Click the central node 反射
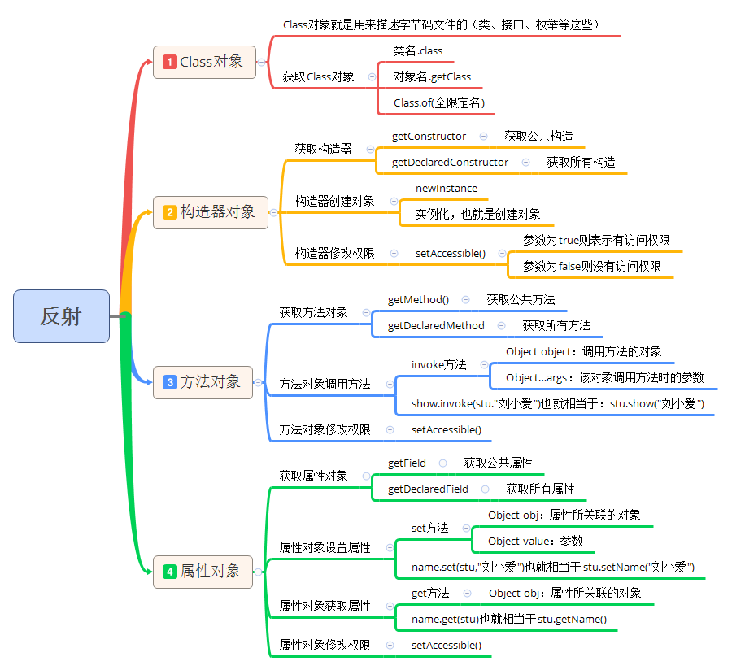(x=61, y=315)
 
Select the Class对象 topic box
(x=204, y=62)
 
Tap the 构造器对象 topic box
(x=210, y=211)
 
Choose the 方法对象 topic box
(x=203, y=381)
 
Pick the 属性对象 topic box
(x=203, y=571)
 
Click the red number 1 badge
(x=170, y=62)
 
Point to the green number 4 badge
(x=170, y=572)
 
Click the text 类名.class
(x=417, y=50)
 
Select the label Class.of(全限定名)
(x=438, y=102)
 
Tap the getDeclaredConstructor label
(x=450, y=162)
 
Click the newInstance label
(x=447, y=188)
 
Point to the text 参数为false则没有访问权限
(x=591, y=266)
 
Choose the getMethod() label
(x=418, y=299)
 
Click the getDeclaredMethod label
(x=436, y=325)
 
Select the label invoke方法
(x=438, y=364)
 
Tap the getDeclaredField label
(x=428, y=489)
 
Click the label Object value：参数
(x=535, y=541)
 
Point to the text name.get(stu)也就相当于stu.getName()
(x=508, y=619)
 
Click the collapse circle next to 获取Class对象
(x=372, y=76)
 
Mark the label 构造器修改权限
(x=334, y=253)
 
